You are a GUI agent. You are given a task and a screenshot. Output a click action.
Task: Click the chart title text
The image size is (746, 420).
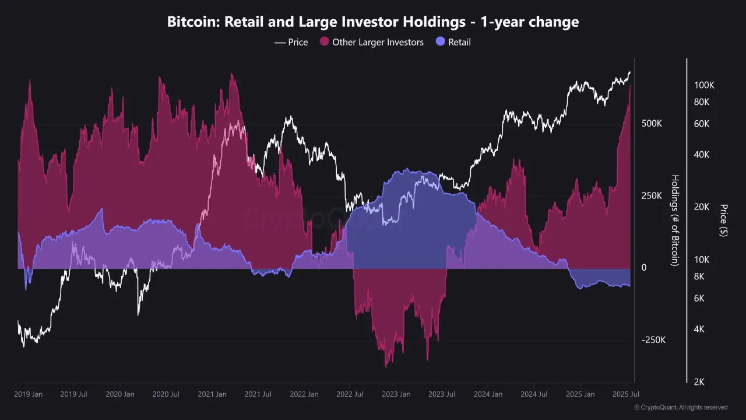373,22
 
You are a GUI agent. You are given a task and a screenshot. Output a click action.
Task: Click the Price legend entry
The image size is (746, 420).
291,42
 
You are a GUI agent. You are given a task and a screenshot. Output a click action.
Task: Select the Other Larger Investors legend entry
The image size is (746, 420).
372,42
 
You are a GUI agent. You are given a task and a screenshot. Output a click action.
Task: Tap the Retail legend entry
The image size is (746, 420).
453,42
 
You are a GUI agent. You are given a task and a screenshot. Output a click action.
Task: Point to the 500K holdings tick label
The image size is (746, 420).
652,124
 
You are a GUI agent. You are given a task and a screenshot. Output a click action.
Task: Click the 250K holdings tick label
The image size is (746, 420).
652,195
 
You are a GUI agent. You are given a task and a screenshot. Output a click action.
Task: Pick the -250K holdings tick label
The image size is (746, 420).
653,340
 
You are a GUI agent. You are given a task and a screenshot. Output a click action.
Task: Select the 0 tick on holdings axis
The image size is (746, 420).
644,268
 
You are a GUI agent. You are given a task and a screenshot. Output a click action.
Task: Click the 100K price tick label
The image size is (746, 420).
704,85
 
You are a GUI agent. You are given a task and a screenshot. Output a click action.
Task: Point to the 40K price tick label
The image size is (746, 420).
702,155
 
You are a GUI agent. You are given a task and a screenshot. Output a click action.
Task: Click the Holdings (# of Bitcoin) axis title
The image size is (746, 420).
675,220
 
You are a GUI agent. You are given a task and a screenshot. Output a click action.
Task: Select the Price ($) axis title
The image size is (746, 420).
723,220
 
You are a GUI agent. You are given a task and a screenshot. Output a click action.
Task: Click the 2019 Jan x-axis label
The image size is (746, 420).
28,394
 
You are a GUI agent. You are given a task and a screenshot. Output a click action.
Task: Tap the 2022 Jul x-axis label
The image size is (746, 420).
349,394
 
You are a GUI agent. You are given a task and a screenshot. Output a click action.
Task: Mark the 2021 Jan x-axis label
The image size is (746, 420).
212,394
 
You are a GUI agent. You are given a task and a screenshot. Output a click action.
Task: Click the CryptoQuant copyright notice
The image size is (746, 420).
680,407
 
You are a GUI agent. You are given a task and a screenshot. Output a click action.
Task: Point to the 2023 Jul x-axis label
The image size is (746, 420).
441,394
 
